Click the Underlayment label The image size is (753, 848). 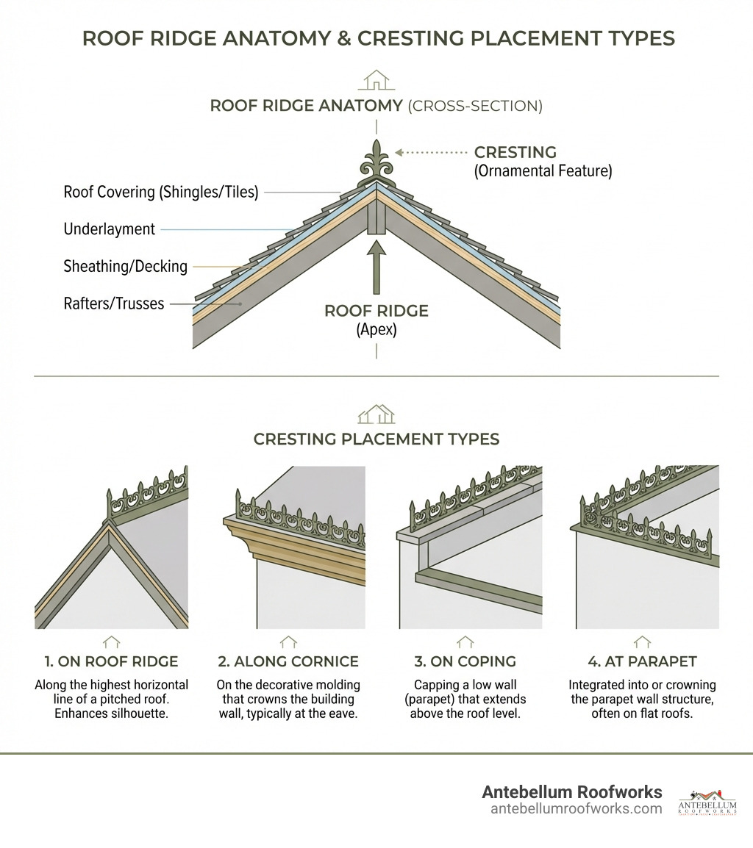point(110,229)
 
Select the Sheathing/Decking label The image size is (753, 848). point(126,266)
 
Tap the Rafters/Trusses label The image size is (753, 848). point(114,303)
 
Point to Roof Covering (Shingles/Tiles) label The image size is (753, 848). point(161,193)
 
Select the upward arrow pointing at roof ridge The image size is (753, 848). point(376,268)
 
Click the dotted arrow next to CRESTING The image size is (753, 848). point(431,152)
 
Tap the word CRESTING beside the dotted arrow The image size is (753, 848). point(515,153)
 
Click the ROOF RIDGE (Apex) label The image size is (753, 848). point(376,320)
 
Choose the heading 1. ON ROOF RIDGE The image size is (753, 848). point(112,661)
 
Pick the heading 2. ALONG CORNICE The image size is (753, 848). point(288,661)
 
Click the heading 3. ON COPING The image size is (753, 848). point(465,661)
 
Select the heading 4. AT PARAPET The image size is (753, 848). point(642,661)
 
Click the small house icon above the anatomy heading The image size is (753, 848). point(376,79)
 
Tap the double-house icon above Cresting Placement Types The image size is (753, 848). point(376,414)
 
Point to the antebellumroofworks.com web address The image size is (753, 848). point(576,809)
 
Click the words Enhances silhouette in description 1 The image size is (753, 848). point(112,713)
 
